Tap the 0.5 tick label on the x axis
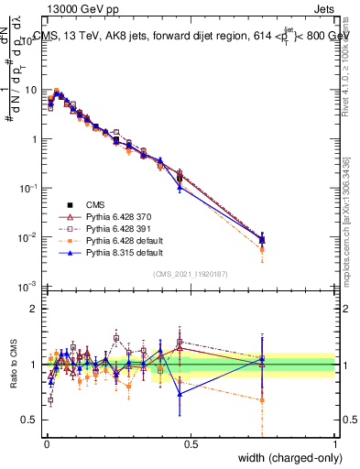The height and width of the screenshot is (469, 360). point(191,442)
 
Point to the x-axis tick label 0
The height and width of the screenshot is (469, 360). point(45,442)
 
